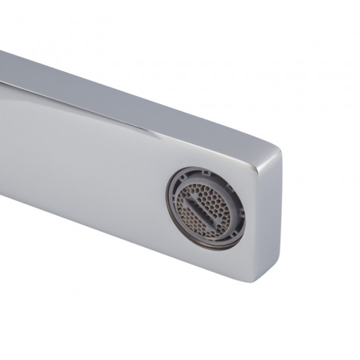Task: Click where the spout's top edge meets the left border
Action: point(2,52)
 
